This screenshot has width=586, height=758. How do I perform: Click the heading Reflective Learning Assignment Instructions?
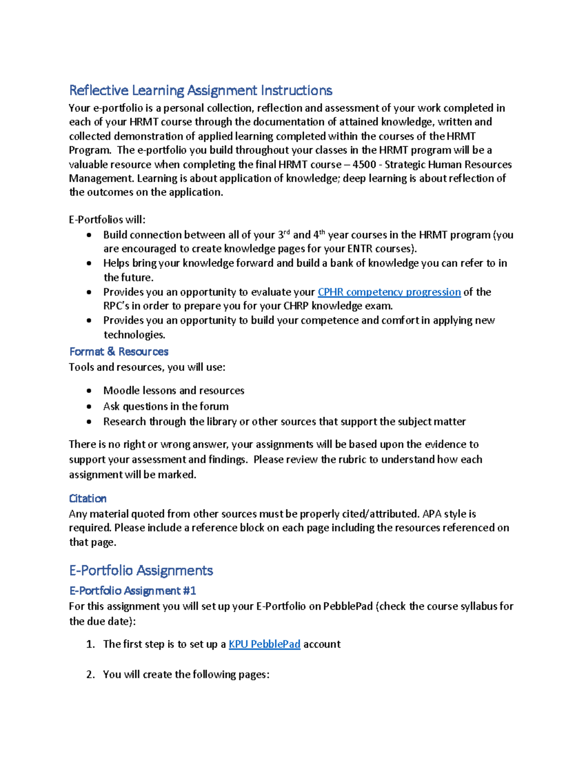tap(200, 90)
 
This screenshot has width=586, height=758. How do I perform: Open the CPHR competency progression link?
tap(389, 292)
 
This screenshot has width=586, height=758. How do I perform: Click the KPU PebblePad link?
tap(264, 644)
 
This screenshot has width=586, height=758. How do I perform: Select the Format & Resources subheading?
tap(119, 351)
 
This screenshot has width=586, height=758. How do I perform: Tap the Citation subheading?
tap(87, 498)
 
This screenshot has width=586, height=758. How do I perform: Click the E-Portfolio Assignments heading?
tap(141, 570)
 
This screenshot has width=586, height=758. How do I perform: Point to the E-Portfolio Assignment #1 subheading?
tap(132, 591)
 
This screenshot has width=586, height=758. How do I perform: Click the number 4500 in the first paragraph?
tap(364, 164)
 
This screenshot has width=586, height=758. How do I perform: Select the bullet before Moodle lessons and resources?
tap(89, 390)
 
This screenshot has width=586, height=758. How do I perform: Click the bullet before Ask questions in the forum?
tap(89, 406)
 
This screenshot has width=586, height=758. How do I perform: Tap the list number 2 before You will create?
tap(90, 675)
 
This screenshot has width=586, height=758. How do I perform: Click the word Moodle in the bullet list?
tap(120, 390)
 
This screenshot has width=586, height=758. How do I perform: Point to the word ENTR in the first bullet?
tap(360, 248)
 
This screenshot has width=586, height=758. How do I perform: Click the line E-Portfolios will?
tap(107, 220)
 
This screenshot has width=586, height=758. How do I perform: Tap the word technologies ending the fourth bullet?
tap(134, 335)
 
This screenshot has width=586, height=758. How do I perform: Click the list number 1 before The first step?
tap(90, 644)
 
